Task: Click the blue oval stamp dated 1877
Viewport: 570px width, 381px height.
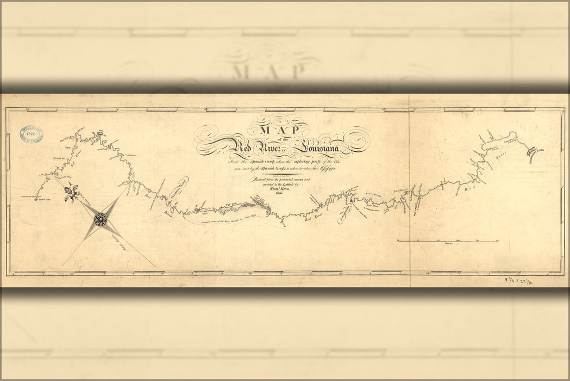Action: click(x=31, y=134)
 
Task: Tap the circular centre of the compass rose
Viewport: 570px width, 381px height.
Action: click(x=101, y=219)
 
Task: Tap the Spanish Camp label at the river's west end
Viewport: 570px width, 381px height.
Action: click(x=33, y=198)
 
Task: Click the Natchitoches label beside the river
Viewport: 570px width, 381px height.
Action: click(x=343, y=213)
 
